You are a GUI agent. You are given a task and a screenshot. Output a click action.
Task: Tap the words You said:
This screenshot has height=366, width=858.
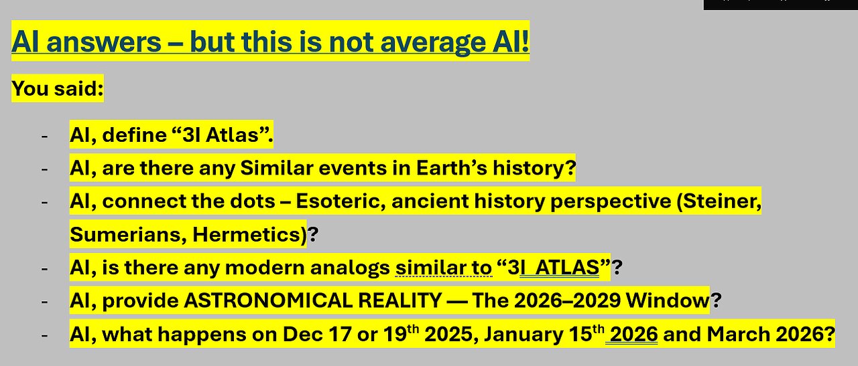tap(58, 88)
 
